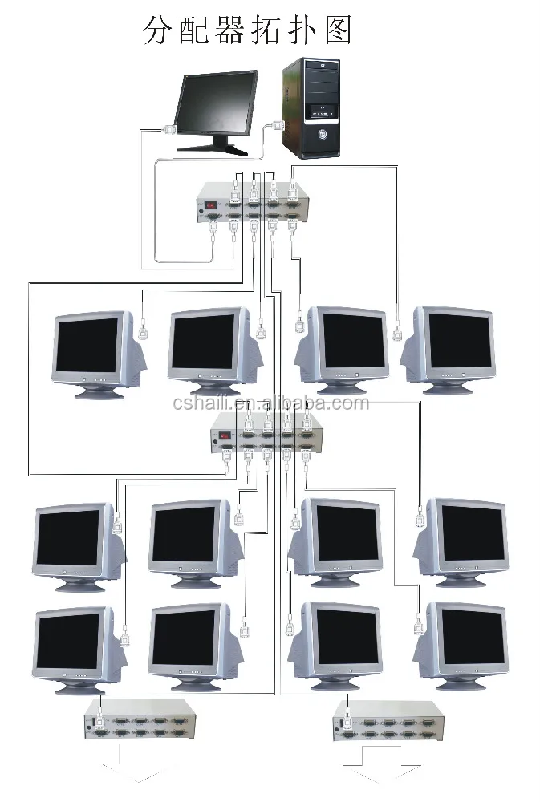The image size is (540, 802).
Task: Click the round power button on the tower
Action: [x=322, y=134]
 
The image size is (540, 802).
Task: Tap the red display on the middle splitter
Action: [x=226, y=436]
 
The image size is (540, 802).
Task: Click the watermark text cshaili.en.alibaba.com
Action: [x=270, y=403]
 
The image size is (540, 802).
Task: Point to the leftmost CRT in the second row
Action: [x=76, y=545]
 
